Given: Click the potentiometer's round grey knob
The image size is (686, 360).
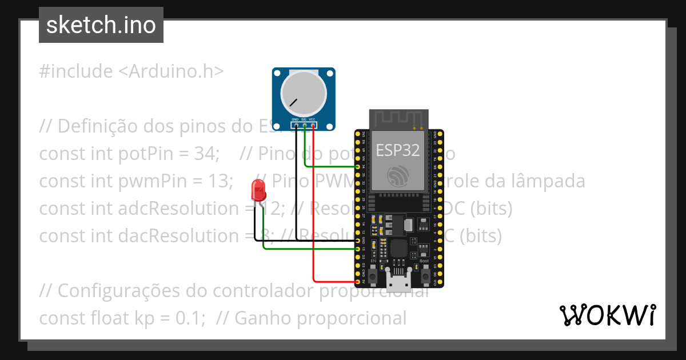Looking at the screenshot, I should pyautogui.click(x=302, y=94).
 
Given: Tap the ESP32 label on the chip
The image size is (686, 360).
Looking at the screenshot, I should pyautogui.click(x=398, y=150).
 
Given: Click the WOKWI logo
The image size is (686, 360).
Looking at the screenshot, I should pyautogui.click(x=607, y=315).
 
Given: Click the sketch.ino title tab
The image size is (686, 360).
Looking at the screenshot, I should pyautogui.click(x=101, y=25).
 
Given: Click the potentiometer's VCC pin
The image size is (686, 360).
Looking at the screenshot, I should pyautogui.click(x=313, y=124).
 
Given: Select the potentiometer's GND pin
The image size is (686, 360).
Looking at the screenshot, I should pyautogui.click(x=296, y=124).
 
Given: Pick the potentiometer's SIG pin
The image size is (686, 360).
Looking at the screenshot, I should pyautogui.click(x=305, y=124).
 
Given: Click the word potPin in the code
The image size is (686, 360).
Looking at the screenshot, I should pyautogui.click(x=142, y=154).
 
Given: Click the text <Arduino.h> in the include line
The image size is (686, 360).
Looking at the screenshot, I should pyautogui.click(x=171, y=71).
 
